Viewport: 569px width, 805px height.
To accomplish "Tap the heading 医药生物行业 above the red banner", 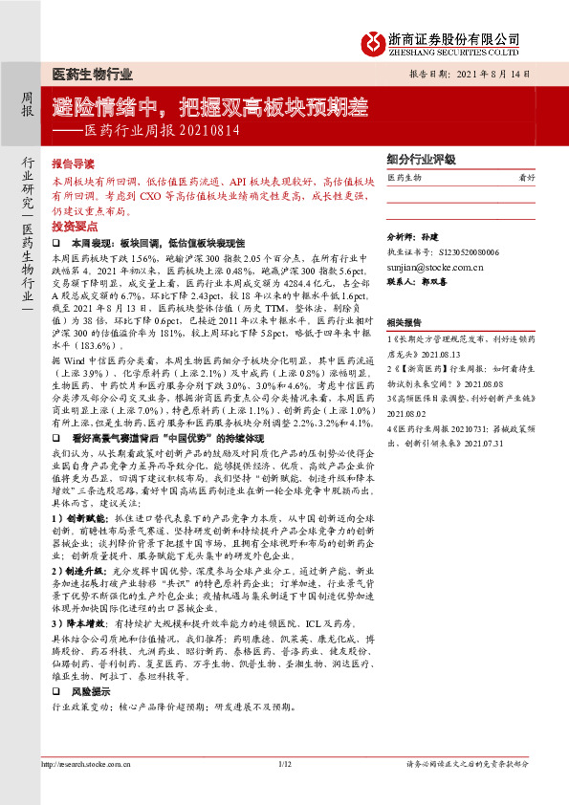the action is coord(91,75).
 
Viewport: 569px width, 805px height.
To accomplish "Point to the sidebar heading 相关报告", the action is coord(405,323).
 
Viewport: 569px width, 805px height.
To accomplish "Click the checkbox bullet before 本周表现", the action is coord(56,244).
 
